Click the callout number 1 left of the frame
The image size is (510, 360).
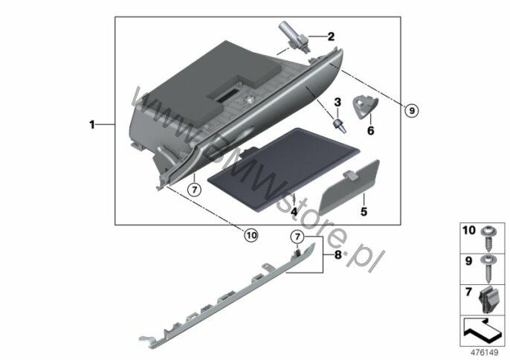(x=92, y=125)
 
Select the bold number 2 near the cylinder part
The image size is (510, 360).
(x=331, y=36)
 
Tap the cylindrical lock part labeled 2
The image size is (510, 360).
(x=294, y=37)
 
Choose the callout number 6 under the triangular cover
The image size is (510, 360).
(x=370, y=130)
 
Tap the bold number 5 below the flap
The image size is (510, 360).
(x=364, y=211)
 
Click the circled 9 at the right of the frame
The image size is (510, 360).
(x=412, y=112)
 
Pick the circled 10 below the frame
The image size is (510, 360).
(x=251, y=235)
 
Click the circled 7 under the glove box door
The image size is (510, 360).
(x=195, y=190)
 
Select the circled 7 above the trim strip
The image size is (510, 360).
(x=297, y=237)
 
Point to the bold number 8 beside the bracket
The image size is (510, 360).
(x=338, y=255)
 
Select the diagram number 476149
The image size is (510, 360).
(x=485, y=353)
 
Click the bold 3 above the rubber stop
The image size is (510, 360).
(x=338, y=102)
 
